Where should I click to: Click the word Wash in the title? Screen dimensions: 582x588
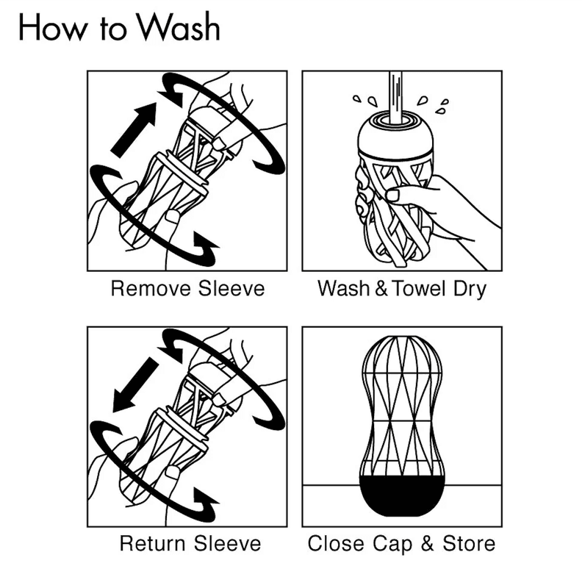click(x=178, y=27)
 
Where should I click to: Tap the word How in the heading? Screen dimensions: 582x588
click(x=52, y=27)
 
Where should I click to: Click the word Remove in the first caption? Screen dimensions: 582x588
click(x=151, y=289)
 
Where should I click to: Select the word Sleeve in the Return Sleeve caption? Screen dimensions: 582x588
click(x=228, y=543)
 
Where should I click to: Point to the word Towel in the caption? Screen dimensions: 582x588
click(x=419, y=289)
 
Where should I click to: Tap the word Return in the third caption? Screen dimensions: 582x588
click(x=154, y=543)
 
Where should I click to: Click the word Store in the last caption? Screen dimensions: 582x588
click(x=469, y=543)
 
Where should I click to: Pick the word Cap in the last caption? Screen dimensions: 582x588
click(x=392, y=544)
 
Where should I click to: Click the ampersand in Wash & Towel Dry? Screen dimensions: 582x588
click(x=381, y=289)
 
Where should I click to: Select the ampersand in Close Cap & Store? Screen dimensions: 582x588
click(x=427, y=543)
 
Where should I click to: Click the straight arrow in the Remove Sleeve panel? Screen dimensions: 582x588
click(x=133, y=129)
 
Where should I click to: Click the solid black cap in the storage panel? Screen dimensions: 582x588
click(x=402, y=495)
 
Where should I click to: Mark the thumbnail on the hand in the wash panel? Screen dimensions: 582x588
click(x=392, y=195)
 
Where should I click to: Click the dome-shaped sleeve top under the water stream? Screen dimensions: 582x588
click(x=396, y=135)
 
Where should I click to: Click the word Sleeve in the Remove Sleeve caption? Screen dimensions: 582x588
click(x=231, y=289)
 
